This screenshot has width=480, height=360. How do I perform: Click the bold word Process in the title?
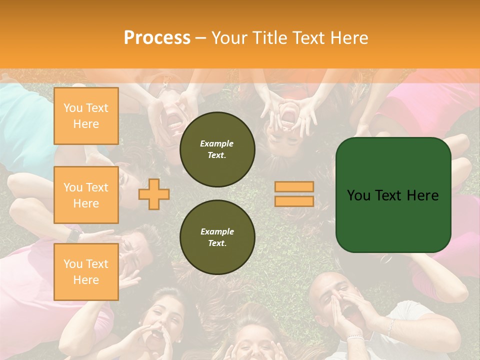[157, 38]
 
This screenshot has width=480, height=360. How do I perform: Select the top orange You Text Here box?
[86, 116]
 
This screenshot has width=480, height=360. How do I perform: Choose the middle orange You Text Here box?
[86, 195]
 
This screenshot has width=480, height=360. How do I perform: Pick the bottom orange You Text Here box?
[86, 272]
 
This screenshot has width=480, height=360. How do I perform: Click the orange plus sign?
[154, 193]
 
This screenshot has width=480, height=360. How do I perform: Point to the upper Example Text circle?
[217, 149]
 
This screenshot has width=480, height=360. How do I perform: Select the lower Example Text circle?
[217, 237]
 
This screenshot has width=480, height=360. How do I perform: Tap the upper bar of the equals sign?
[294, 186]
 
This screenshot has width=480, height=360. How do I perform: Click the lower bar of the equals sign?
[294, 201]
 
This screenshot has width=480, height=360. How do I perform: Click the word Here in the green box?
[422, 195]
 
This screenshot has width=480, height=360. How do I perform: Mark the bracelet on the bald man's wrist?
[355, 338]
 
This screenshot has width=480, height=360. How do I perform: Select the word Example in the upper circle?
[217, 143]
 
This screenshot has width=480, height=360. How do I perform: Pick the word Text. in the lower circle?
[217, 243]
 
